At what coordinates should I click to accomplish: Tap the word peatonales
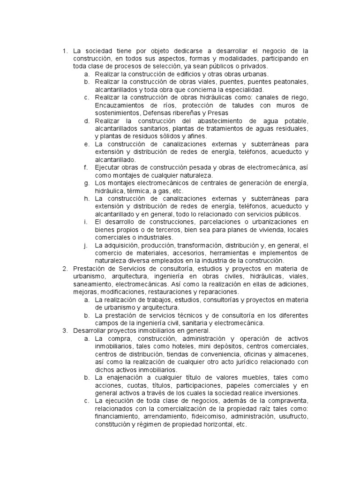coord(291,82)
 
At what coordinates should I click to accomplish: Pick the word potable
coord(293,120)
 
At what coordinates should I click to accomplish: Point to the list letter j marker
coord(87,245)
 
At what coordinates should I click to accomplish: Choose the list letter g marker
coord(87,183)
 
